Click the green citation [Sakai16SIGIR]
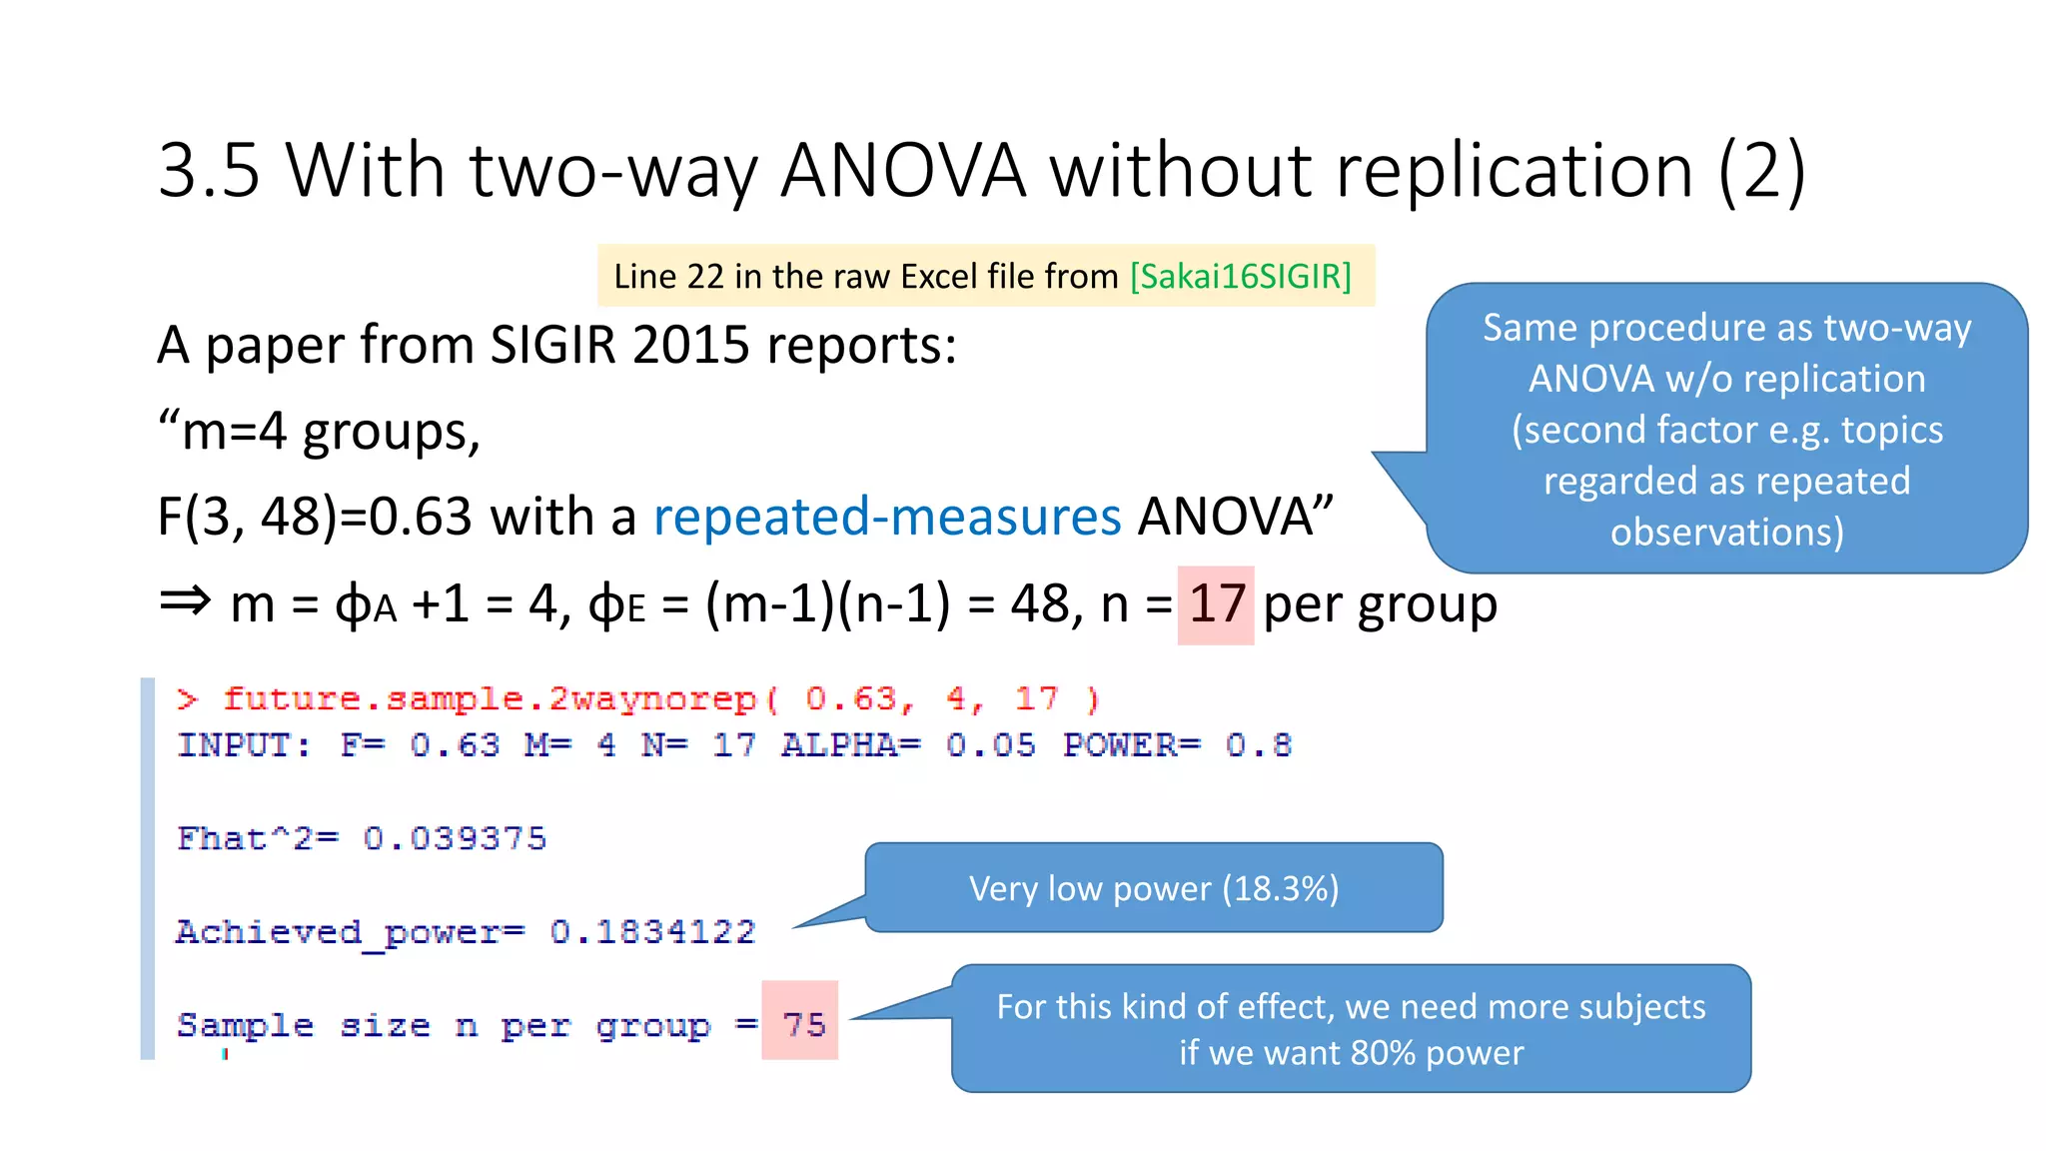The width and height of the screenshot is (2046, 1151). pyautogui.click(x=1240, y=276)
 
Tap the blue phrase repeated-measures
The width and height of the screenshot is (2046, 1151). pyautogui.click(x=887, y=517)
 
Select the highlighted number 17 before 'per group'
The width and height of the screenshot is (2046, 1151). pyautogui.click(x=1216, y=604)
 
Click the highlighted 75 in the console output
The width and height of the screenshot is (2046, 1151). pyautogui.click(x=803, y=1024)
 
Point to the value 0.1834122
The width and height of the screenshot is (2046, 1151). pyautogui.click(x=652, y=931)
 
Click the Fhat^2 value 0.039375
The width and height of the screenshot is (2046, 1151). pyautogui.click(x=455, y=838)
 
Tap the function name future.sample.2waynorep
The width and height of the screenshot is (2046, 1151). pyautogui.click(x=490, y=698)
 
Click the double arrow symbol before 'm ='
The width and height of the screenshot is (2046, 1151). pyautogui.click(x=186, y=600)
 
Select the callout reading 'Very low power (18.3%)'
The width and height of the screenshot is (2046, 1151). pyautogui.click(x=1153, y=888)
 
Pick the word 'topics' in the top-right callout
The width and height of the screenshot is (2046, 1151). pyautogui.click(x=1892, y=430)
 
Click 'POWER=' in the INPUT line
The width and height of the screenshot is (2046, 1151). pyautogui.click(x=1131, y=745)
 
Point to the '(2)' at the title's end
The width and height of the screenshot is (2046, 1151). pyautogui.click(x=1761, y=170)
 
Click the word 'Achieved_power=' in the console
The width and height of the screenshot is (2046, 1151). pyautogui.click(x=350, y=932)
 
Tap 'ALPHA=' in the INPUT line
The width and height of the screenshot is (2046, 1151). pyautogui.click(x=850, y=745)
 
